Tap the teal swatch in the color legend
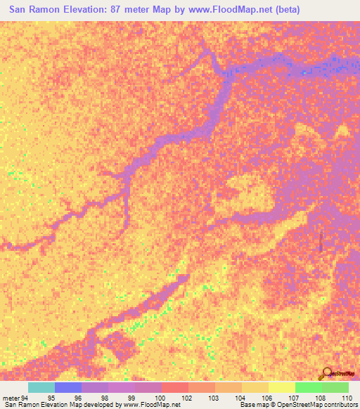(x=41, y=387)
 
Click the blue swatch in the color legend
(x=68, y=387)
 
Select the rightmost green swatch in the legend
(x=335, y=387)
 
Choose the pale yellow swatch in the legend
(x=282, y=387)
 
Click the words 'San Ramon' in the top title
(x=32, y=11)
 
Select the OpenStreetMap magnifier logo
(x=327, y=374)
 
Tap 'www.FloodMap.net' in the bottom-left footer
(x=150, y=405)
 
